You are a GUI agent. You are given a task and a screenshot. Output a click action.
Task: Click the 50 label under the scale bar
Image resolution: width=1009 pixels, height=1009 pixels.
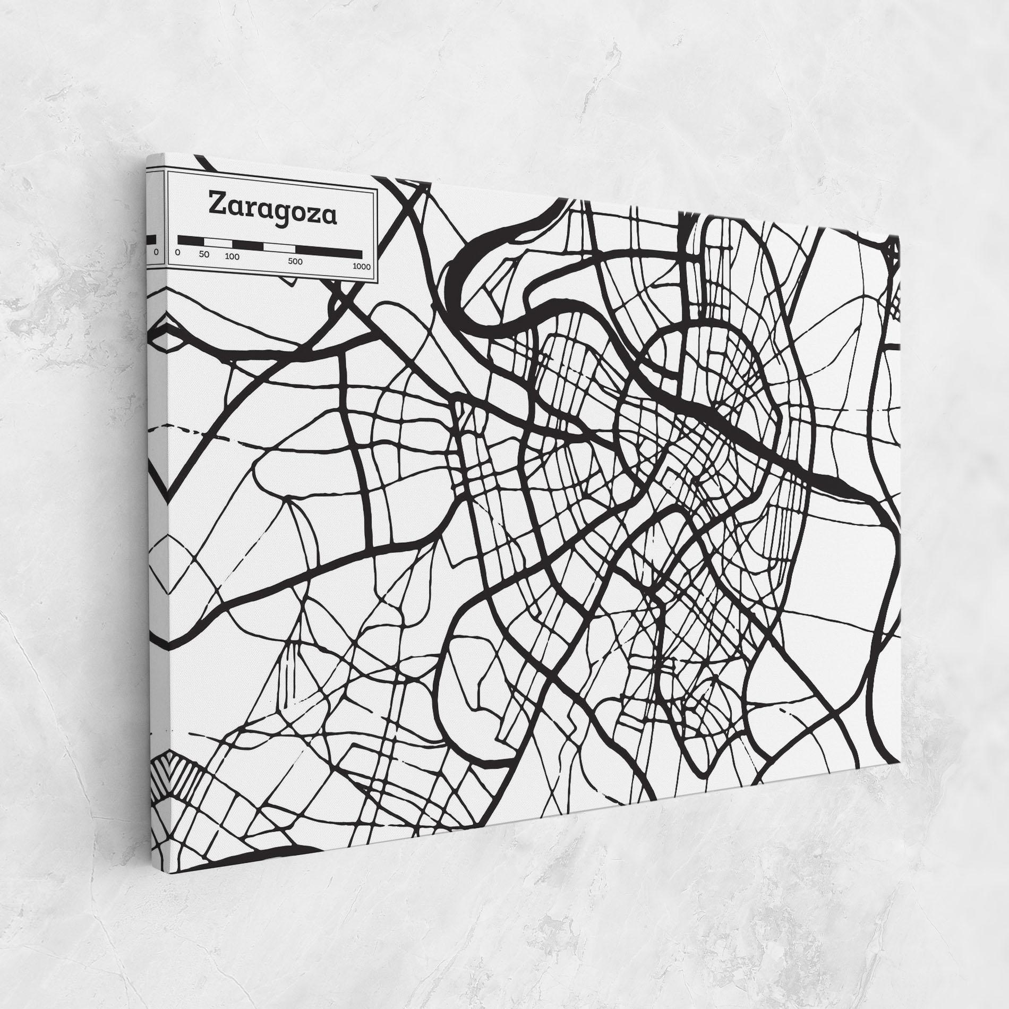pyautogui.click(x=204, y=254)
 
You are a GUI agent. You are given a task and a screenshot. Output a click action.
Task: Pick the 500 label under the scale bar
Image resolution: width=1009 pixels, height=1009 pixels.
pyautogui.click(x=295, y=262)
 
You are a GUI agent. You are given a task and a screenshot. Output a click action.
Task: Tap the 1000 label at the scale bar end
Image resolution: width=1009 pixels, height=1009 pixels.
pyautogui.click(x=362, y=267)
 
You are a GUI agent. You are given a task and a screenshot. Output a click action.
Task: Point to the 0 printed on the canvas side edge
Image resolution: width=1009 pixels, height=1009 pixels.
pyautogui.click(x=156, y=252)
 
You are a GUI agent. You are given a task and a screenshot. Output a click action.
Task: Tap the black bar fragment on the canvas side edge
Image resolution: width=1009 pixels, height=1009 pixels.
pyautogui.click(x=152, y=240)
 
